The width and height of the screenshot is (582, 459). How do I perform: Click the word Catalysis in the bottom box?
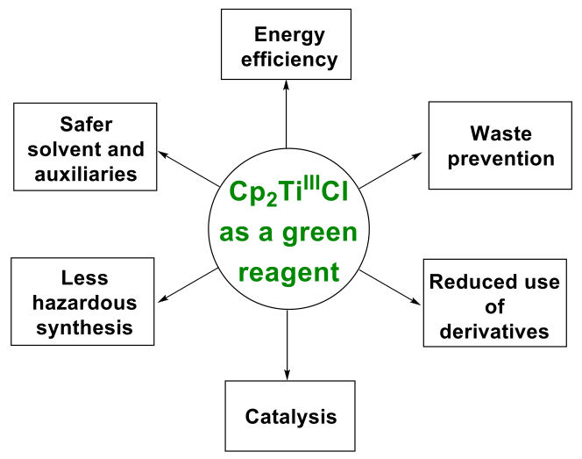tap(290, 415)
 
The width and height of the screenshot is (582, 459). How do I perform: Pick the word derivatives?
tap(495, 331)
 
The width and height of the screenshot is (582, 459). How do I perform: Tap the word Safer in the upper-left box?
tap(86, 125)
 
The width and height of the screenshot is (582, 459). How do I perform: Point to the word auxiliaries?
tap(86, 173)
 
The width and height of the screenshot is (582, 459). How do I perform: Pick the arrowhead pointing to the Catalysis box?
tap(287, 374)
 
